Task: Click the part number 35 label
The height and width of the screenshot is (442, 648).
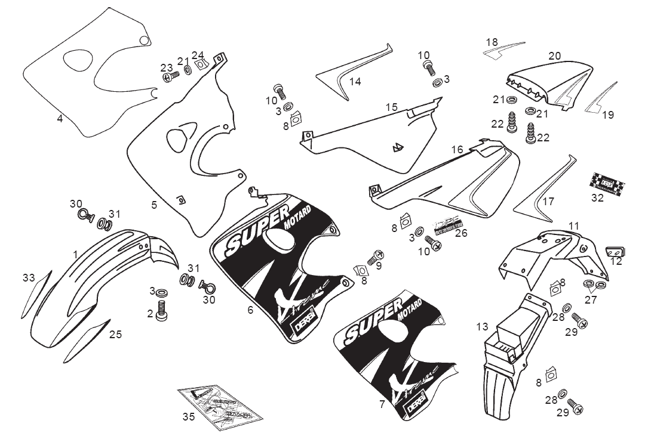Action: (x=189, y=417)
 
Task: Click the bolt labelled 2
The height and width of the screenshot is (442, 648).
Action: (x=161, y=310)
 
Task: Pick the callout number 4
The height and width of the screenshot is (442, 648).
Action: (x=60, y=118)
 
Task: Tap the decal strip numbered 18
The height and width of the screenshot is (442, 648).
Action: (x=503, y=50)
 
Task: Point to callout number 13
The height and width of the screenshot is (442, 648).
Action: (x=483, y=326)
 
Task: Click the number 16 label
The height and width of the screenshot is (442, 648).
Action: (x=457, y=149)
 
